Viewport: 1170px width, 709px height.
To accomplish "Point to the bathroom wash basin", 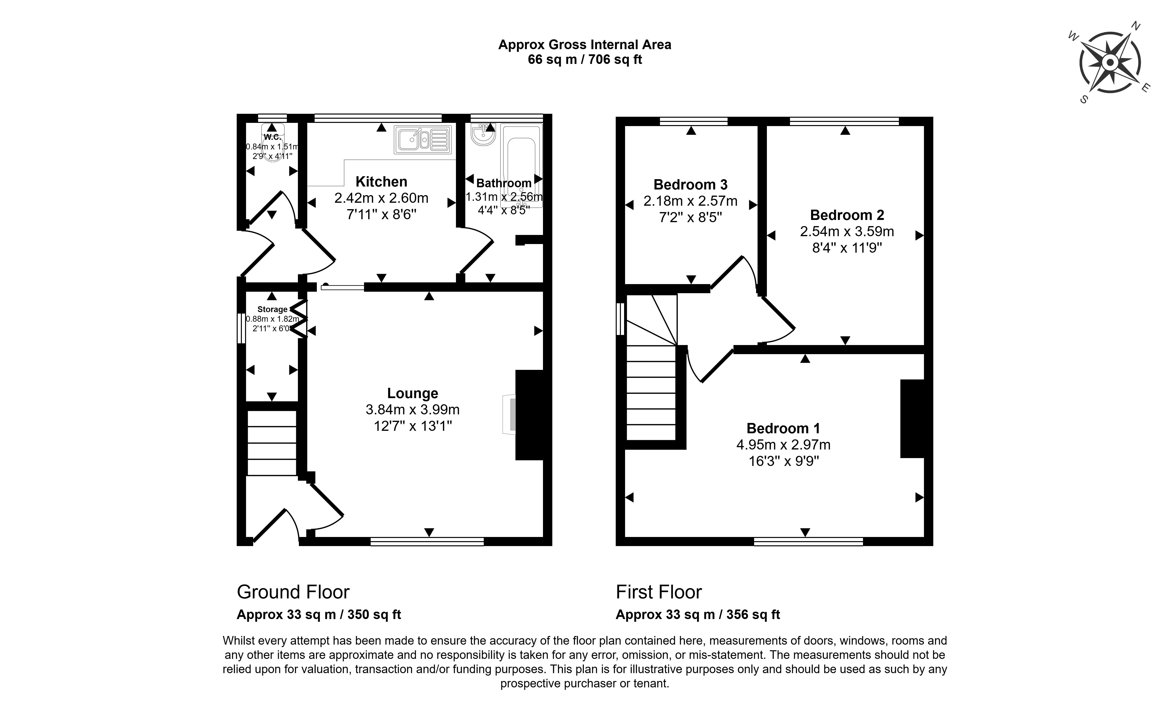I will click(x=483, y=134).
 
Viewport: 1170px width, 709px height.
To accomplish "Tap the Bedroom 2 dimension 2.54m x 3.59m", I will click(x=847, y=232).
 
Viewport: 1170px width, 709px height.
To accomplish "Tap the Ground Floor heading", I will click(x=293, y=592).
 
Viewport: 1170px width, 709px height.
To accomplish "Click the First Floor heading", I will click(x=658, y=592).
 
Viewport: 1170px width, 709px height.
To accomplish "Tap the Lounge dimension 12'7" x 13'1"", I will click(x=412, y=426).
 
